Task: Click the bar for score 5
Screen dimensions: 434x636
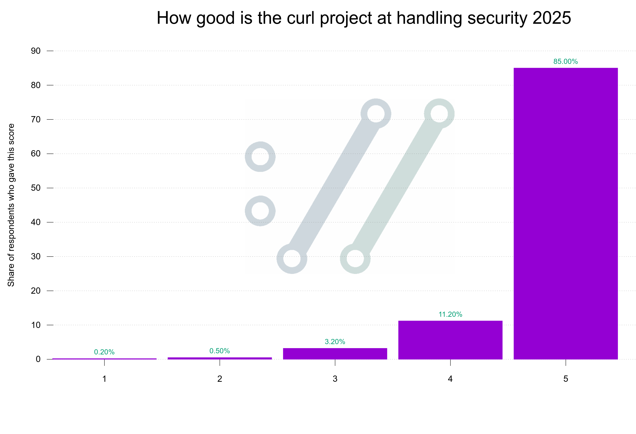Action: [565, 214]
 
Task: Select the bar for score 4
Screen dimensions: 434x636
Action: [450, 340]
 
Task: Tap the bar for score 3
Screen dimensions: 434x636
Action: [335, 354]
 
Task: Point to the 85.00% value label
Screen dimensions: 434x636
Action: [565, 62]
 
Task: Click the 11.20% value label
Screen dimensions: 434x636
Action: [450, 314]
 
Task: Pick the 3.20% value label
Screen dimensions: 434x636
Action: [335, 342]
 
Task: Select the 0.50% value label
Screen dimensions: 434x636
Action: [220, 351]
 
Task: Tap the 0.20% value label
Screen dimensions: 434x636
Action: [104, 352]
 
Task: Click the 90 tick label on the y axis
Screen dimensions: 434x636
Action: [36, 51]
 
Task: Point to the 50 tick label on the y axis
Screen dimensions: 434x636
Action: [36, 188]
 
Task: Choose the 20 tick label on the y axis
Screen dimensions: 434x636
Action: [36, 291]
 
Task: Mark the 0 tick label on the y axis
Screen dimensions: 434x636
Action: [38, 359]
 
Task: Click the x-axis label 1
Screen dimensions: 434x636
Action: [104, 379]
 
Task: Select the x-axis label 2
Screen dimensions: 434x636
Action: [220, 379]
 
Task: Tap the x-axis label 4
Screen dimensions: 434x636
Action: [450, 379]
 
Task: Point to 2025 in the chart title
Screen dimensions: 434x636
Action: [552, 18]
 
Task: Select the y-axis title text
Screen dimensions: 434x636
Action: [11, 205]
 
